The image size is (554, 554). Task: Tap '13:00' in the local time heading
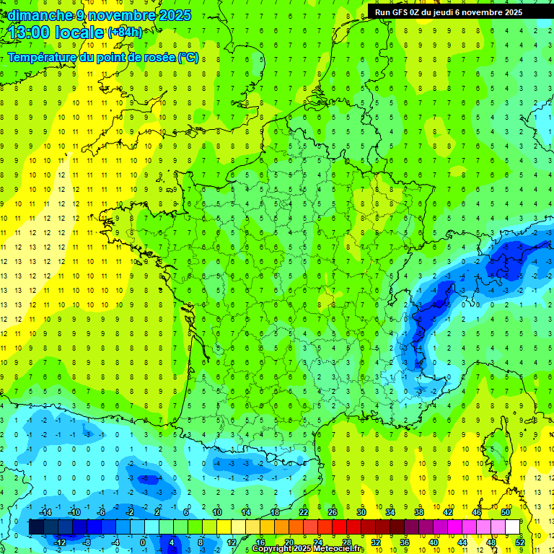(x=30, y=32)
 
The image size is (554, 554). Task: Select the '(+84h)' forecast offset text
(x=125, y=32)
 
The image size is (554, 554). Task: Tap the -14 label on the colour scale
(x=45, y=512)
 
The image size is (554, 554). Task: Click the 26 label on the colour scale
(x=333, y=512)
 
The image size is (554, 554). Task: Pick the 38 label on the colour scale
(x=418, y=512)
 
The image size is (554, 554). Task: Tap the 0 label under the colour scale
(x=143, y=542)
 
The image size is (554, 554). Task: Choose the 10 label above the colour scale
(x=217, y=512)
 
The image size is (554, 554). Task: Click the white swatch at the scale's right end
(x=512, y=527)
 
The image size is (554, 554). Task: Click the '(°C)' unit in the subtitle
(x=188, y=57)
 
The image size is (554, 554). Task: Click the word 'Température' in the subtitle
(x=43, y=57)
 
